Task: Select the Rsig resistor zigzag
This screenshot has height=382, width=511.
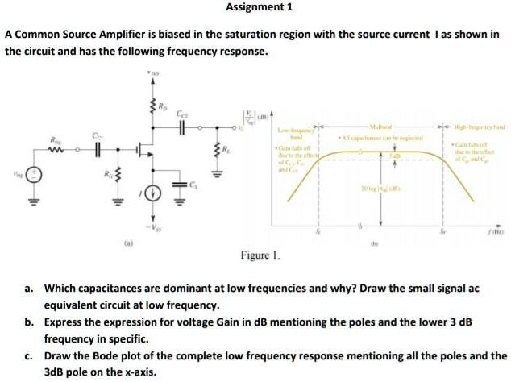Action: tap(58, 148)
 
